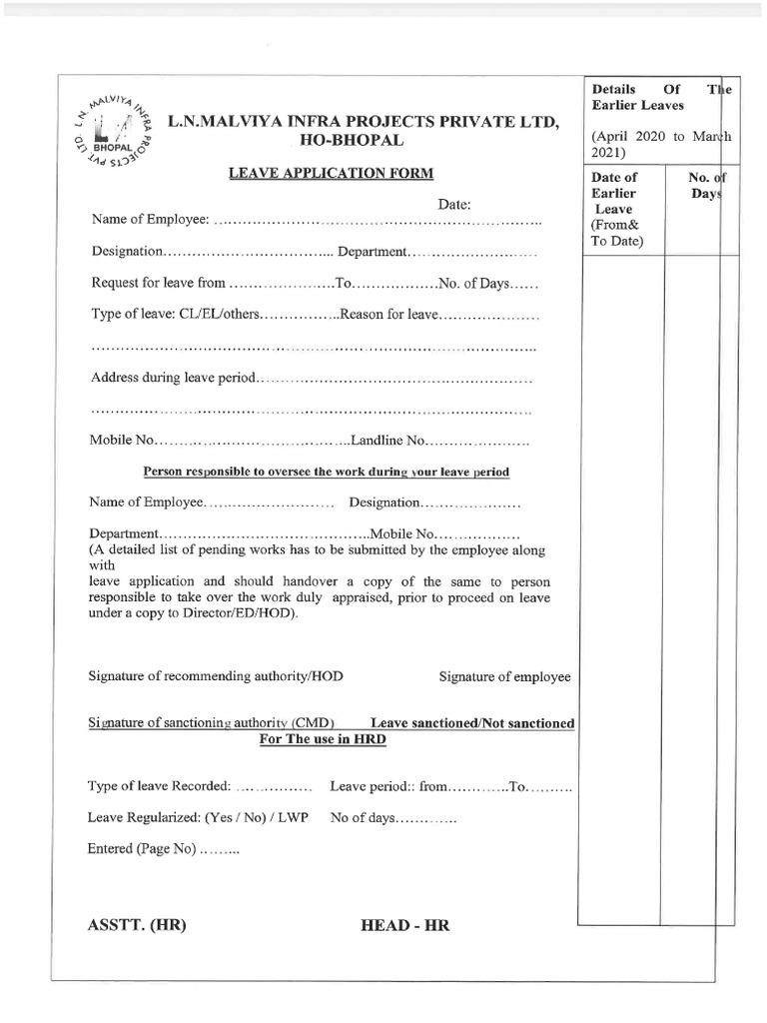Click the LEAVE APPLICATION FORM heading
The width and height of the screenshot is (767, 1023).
(332, 174)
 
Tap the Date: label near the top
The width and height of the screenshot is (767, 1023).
(453, 204)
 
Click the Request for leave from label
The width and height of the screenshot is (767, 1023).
(159, 284)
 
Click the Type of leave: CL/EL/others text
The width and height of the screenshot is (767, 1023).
(176, 315)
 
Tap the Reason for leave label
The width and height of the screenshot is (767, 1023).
(389, 315)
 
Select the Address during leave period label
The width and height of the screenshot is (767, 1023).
(175, 379)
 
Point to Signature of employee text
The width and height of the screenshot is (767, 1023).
(505, 677)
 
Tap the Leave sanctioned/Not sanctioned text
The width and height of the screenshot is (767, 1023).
(472, 722)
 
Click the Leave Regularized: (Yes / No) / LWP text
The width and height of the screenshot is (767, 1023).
(199, 818)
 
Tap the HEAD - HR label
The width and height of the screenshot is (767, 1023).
(404, 926)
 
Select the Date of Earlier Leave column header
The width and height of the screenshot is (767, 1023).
(615, 209)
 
